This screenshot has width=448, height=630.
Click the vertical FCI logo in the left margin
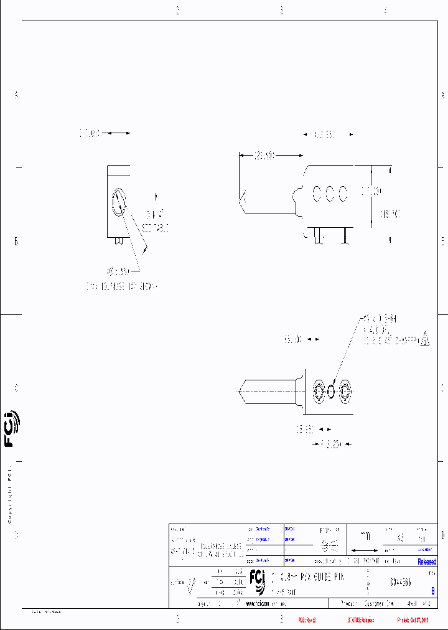point(11,429)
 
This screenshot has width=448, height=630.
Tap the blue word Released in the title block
point(427,562)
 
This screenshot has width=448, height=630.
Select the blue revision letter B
point(433,591)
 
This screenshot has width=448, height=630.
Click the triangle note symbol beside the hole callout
point(425,340)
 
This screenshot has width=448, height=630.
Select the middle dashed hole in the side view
point(330,194)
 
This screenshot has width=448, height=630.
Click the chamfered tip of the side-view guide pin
point(243,200)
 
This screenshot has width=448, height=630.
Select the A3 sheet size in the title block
point(400,537)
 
